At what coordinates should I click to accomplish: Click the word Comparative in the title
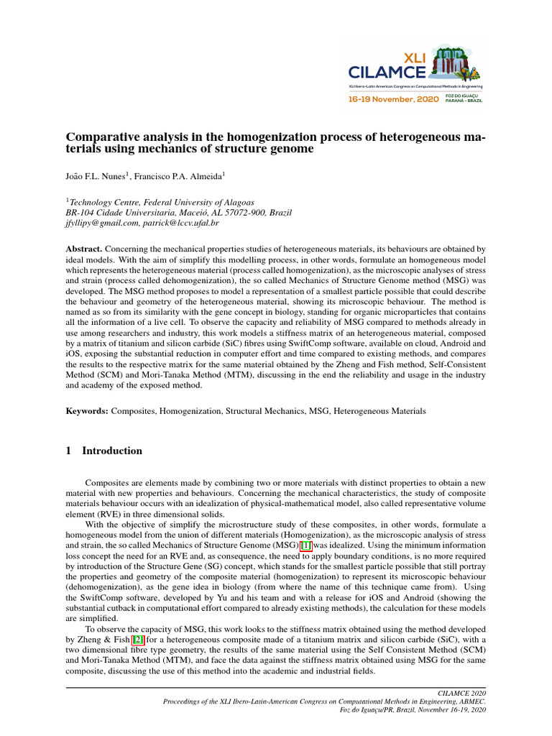coord(99,137)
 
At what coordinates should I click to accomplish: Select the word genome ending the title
coord(290,149)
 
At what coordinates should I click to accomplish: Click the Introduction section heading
coord(112,451)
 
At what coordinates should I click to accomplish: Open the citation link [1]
coord(305,546)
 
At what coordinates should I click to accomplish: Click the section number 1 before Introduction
coord(68,451)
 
